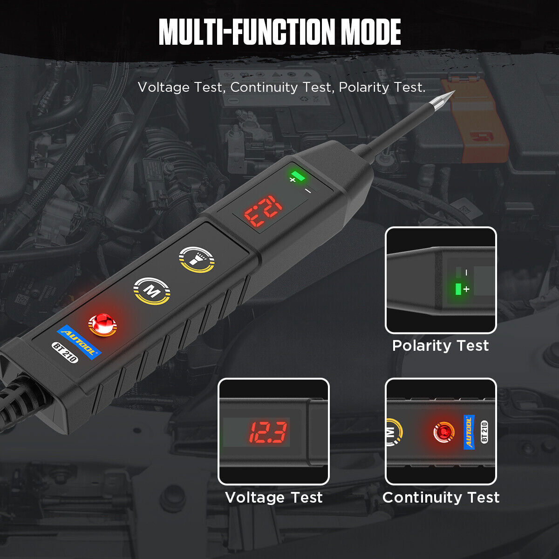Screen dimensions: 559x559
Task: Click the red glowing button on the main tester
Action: tap(102, 324)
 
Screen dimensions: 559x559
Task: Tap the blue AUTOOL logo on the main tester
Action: tap(79, 342)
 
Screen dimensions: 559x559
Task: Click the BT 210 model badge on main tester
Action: tap(65, 353)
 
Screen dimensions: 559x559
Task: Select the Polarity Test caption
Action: tap(440, 346)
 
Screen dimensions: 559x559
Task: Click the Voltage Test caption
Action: tap(273, 497)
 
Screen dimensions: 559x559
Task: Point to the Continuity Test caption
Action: tap(441, 497)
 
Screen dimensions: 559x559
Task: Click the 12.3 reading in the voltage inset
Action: tap(268, 432)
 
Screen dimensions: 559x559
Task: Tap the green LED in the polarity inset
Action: tap(458, 289)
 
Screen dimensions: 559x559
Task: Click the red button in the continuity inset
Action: tap(443, 432)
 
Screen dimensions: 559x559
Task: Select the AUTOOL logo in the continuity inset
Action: tap(469, 432)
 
